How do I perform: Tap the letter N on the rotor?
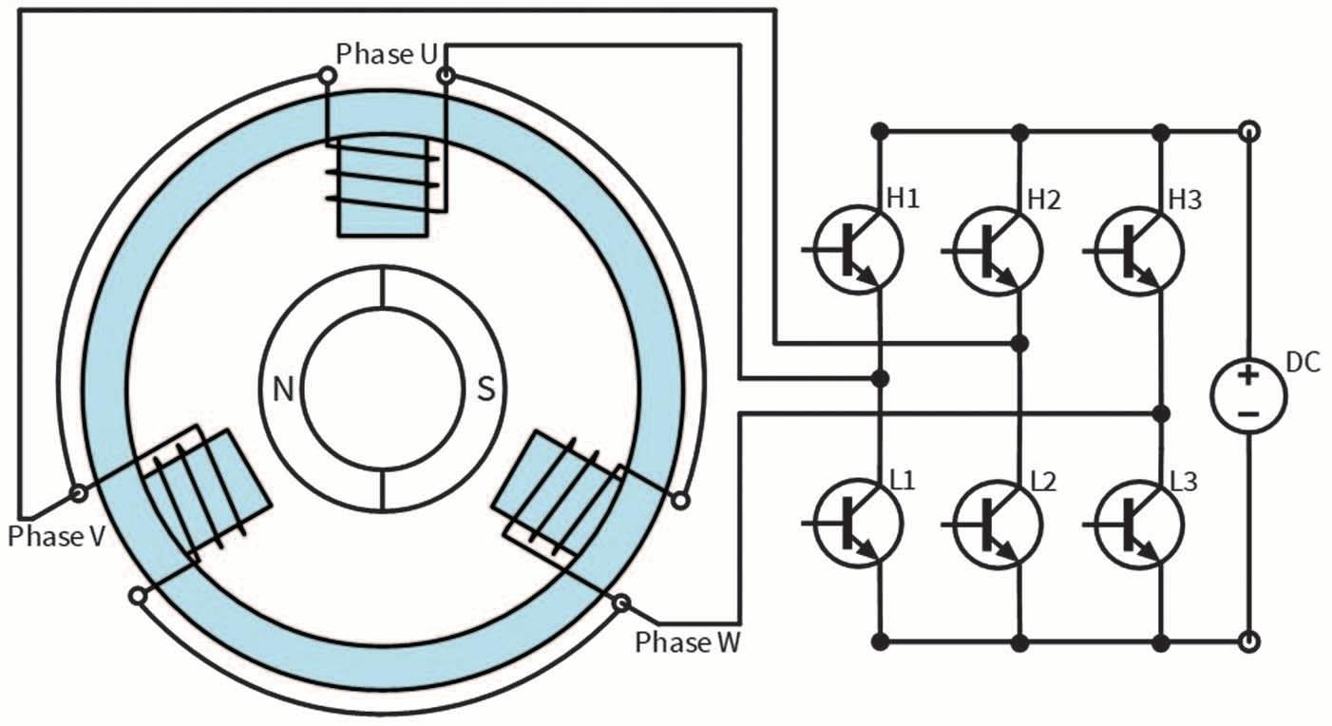coord(282,391)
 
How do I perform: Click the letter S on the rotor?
coord(485,391)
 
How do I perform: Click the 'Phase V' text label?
coord(56,536)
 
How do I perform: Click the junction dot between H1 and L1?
coord(881,378)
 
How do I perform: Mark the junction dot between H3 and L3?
coord(1160,413)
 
